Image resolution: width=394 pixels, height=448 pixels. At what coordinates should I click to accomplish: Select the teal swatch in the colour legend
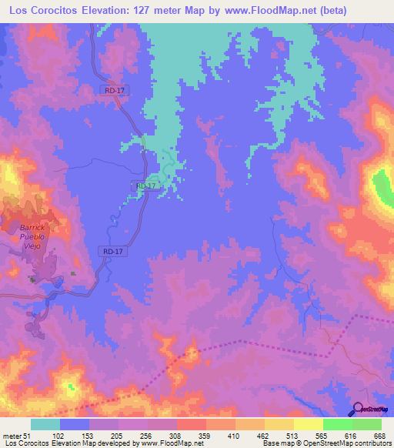pyautogui.click(x=45, y=424)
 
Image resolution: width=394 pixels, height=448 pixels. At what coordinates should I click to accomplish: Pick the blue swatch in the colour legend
pyautogui.click(x=75, y=424)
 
